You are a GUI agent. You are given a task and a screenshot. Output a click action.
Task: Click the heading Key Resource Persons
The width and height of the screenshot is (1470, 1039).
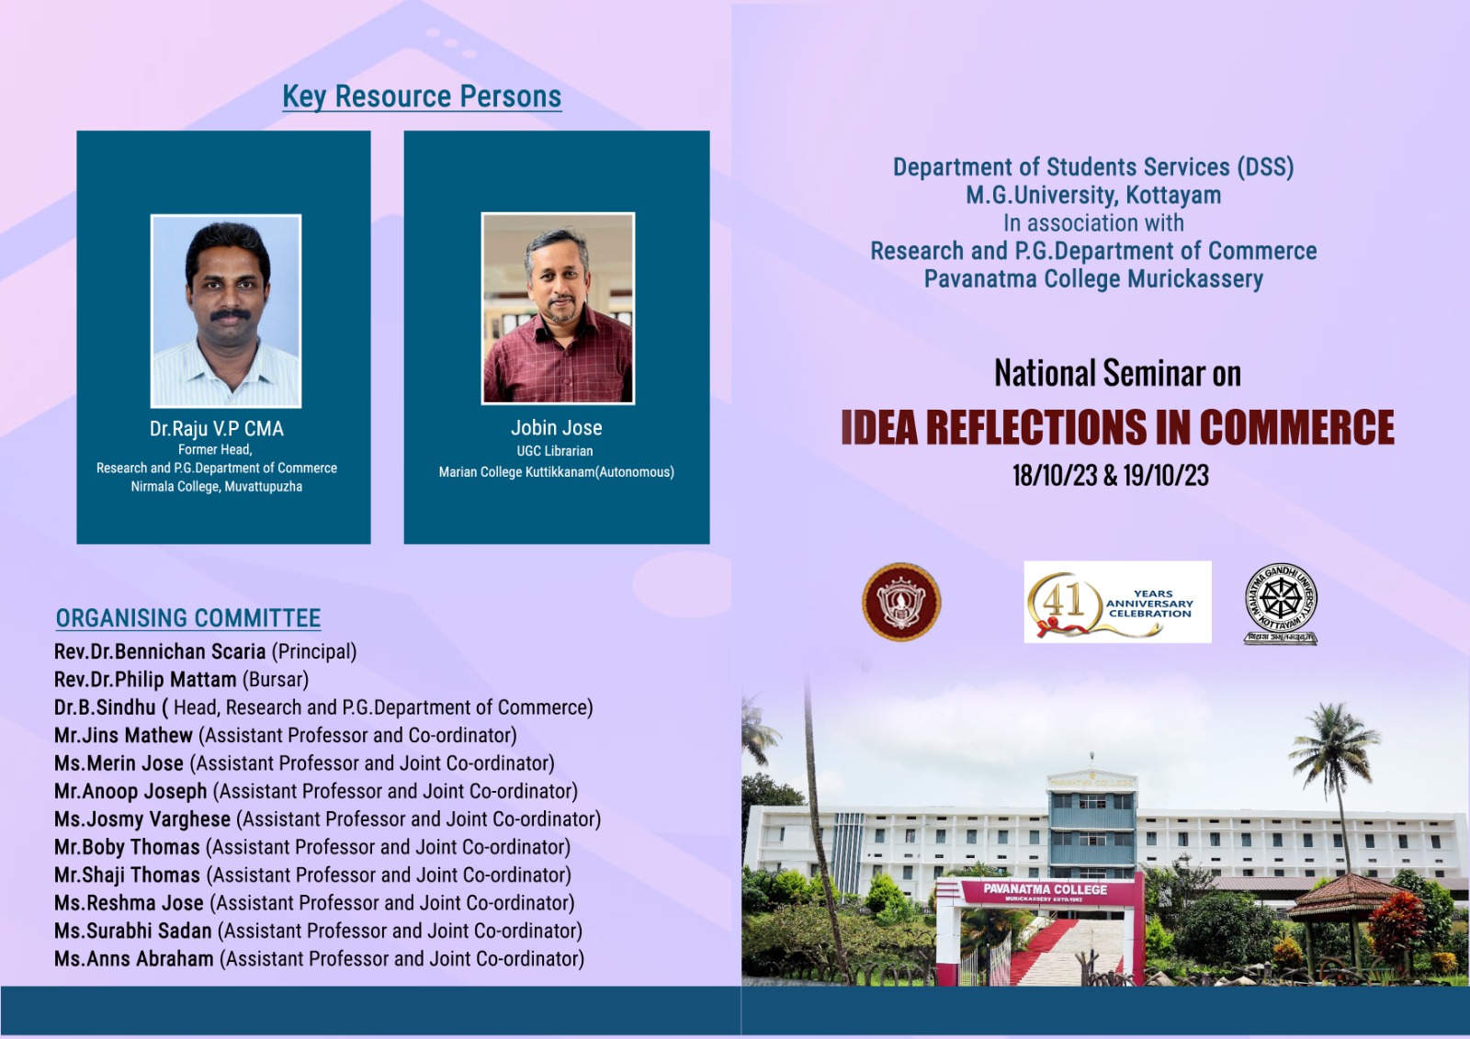click(422, 96)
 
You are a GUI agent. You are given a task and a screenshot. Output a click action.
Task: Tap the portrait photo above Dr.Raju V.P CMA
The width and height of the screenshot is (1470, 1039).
click(226, 311)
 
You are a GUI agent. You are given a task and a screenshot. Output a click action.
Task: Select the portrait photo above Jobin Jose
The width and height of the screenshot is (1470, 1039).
click(558, 308)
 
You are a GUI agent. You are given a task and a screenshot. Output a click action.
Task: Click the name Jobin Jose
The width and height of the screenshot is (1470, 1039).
click(557, 428)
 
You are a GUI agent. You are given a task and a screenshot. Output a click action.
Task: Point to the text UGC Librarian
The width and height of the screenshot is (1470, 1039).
click(555, 451)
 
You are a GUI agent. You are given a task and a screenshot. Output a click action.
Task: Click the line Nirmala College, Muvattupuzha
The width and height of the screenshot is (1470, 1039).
click(217, 487)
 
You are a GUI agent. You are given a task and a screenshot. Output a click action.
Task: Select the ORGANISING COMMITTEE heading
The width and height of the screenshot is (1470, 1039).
click(188, 618)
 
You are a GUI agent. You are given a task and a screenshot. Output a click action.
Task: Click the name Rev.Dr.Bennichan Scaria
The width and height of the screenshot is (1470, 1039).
click(160, 651)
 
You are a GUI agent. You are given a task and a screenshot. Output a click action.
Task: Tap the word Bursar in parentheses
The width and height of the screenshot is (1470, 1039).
click(276, 679)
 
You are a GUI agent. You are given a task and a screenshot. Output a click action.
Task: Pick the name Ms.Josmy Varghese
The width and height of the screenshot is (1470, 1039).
click(142, 819)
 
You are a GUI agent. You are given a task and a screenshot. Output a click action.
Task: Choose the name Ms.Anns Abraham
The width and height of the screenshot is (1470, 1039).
click(134, 959)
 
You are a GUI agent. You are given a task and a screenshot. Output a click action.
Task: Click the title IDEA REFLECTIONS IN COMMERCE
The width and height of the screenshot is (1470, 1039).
click(1117, 427)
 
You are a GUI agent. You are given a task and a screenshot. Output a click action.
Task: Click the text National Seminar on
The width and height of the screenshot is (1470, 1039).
click(1117, 373)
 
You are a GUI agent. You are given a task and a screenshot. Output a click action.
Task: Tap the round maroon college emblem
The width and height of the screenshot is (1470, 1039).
click(901, 602)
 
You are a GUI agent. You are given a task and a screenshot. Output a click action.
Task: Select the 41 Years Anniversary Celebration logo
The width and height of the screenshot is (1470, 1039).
click(1117, 602)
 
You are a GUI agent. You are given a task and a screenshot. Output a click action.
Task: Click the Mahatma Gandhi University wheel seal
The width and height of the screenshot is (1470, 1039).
click(1281, 604)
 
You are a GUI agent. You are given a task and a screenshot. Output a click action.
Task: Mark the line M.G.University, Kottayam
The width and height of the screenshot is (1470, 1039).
click(1093, 195)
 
